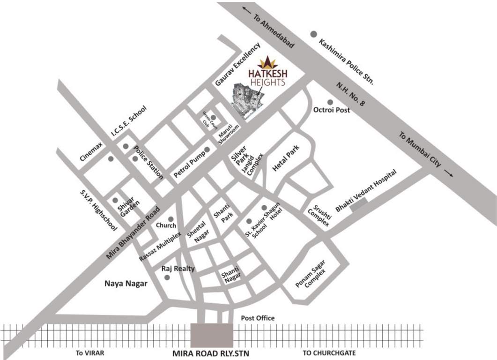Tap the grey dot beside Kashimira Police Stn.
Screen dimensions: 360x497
313,34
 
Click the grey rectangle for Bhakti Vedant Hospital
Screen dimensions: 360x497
359,202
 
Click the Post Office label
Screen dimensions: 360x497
258,318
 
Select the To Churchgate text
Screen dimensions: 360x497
326,352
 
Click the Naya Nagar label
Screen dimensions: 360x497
126,283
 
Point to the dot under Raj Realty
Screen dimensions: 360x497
167,277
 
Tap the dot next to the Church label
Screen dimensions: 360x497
171,219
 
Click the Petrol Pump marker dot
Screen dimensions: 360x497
207,150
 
